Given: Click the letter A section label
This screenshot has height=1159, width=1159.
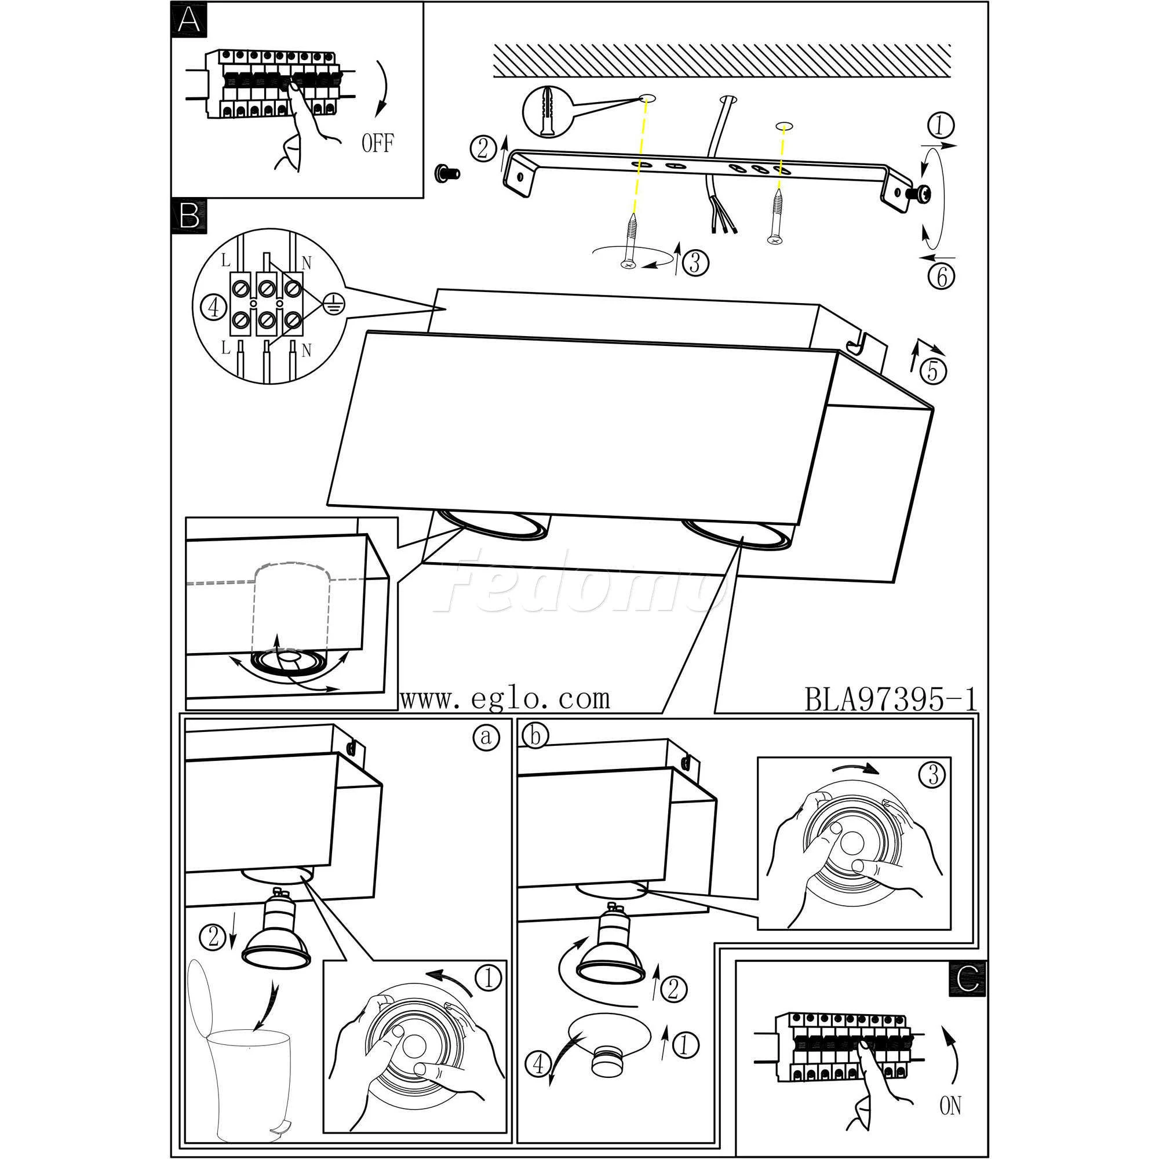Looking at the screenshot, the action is click(x=189, y=20).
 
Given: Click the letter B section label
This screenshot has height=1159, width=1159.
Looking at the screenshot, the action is click(x=189, y=216).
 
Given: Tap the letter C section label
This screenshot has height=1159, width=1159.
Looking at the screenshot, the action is click(x=967, y=978).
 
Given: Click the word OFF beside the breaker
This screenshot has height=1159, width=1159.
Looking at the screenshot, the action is click(x=378, y=143).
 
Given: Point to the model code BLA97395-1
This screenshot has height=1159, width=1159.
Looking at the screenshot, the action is click(x=890, y=699).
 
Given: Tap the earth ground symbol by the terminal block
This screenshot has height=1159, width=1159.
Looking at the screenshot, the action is click(x=330, y=305).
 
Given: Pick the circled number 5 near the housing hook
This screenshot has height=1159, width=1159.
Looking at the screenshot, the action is click(x=932, y=371).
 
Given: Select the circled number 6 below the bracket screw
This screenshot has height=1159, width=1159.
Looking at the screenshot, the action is click(x=941, y=277).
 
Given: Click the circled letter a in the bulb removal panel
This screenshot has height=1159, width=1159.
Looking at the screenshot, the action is click(x=487, y=737).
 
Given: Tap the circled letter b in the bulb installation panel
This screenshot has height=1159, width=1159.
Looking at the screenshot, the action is click(x=535, y=737).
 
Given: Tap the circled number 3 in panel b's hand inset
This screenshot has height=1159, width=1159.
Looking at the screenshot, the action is click(x=932, y=776).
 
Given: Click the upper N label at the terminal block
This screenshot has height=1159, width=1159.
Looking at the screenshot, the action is click(x=307, y=262).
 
